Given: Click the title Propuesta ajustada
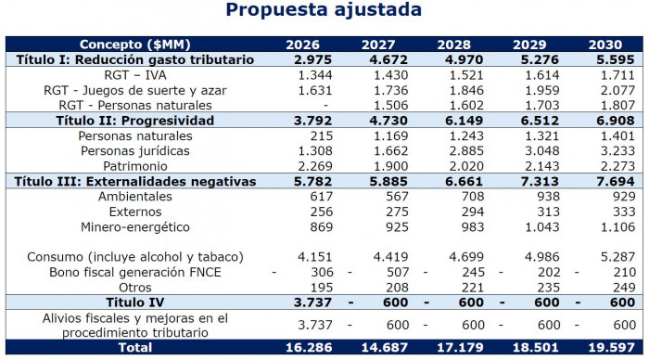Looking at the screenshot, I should (324, 12).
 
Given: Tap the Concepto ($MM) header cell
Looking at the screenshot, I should (135, 44).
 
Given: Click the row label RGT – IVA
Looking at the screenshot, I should (136, 73).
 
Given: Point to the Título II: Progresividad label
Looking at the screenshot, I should (135, 120).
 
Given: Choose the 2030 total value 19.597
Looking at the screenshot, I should (607, 347).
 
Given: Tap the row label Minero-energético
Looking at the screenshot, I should (136, 226).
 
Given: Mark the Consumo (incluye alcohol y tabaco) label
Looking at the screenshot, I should (136, 257).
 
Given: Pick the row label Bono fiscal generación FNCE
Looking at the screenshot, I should (136, 272).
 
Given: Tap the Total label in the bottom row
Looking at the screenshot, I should (135, 347).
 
